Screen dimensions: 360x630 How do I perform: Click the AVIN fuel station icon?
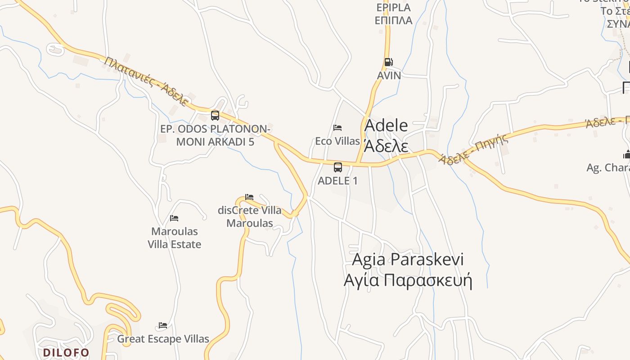point(388,62)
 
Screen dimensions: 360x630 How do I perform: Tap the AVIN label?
point(389,75)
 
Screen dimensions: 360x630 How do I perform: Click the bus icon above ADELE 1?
point(338,167)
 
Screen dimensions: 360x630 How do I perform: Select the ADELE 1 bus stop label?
point(338,181)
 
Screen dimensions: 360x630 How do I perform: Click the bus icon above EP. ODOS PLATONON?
point(215,116)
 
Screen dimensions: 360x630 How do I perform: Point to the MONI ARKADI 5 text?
point(215,142)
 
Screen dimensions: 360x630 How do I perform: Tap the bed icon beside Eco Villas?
point(337,128)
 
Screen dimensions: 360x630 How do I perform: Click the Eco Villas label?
point(337,141)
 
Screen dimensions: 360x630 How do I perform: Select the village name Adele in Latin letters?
point(386,126)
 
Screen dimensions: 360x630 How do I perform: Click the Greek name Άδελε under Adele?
point(386,147)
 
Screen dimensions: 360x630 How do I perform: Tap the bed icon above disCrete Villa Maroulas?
point(249,197)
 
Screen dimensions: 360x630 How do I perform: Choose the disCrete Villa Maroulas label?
point(250,216)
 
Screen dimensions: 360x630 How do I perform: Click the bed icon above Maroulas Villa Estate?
point(174,218)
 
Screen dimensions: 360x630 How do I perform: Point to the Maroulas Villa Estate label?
point(175,238)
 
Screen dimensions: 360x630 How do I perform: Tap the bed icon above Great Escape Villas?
point(163,325)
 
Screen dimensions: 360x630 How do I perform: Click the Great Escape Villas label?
point(163,339)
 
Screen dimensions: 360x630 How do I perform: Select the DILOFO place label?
point(66,352)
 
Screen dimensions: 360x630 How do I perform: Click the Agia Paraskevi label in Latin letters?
point(408,259)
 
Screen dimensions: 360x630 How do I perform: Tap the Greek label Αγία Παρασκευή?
point(408,280)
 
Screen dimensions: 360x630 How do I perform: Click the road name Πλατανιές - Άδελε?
point(146,81)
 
